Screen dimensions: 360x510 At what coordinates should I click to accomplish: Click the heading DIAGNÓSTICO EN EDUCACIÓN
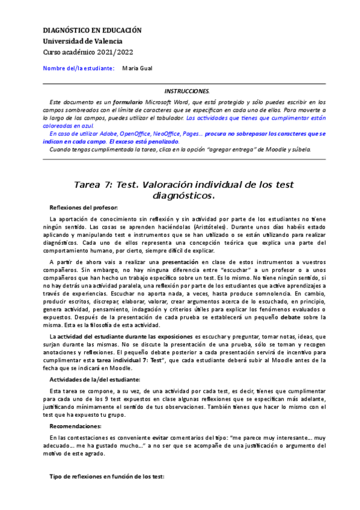[92, 29]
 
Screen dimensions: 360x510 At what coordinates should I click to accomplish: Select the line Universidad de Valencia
[82, 41]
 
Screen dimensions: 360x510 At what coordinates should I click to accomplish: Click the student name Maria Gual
[138, 69]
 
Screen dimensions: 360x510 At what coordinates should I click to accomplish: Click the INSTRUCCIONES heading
[187, 91]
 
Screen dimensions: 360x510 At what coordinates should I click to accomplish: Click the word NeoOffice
[166, 134]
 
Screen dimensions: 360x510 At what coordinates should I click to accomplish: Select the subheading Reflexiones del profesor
[84, 207]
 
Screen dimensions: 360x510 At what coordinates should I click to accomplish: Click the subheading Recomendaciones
[75, 409]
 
